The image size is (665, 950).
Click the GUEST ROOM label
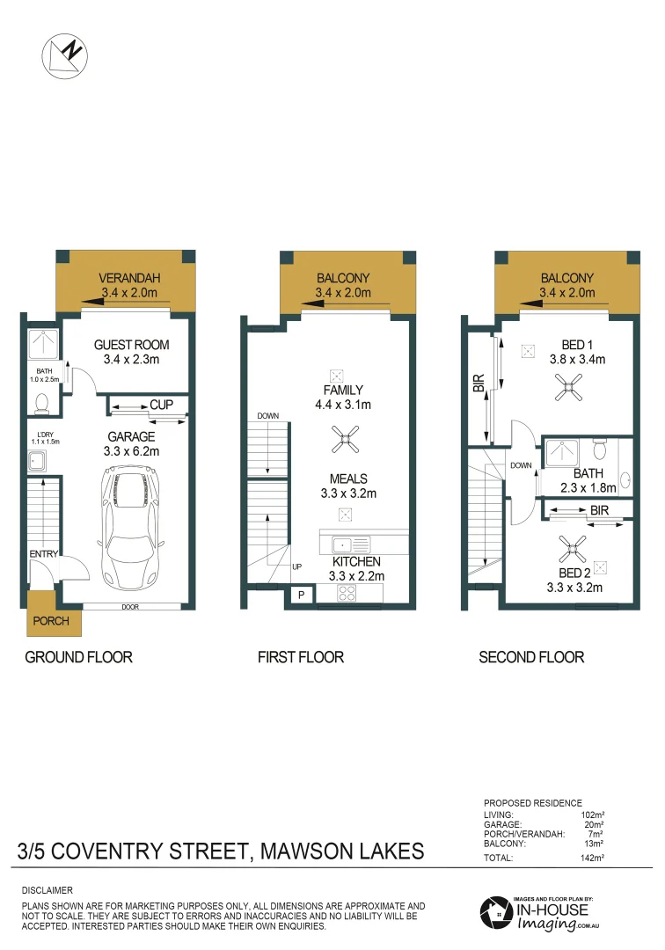(x=131, y=345)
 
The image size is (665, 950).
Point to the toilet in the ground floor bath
(x=41, y=402)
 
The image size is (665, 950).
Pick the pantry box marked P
(x=301, y=596)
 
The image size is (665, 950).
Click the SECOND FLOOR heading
(x=531, y=657)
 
